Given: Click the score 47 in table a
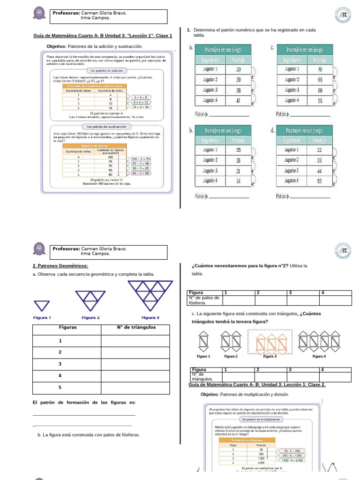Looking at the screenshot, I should (x=238, y=100).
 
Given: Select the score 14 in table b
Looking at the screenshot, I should (x=238, y=180).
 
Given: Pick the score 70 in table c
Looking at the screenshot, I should (x=320, y=69).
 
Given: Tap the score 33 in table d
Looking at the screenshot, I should (x=320, y=160).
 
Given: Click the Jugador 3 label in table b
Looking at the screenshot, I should (x=210, y=171).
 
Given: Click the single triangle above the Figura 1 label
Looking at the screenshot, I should (x=43, y=305).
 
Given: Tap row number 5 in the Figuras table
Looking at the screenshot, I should (x=60, y=387).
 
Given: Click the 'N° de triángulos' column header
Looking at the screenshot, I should (x=136, y=327).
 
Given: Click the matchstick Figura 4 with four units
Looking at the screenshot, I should (x=319, y=342).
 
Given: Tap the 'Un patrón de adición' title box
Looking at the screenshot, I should (x=107, y=70).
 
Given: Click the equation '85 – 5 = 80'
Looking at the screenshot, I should (x=141, y=173).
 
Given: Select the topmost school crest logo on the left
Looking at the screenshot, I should (x=39, y=14).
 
